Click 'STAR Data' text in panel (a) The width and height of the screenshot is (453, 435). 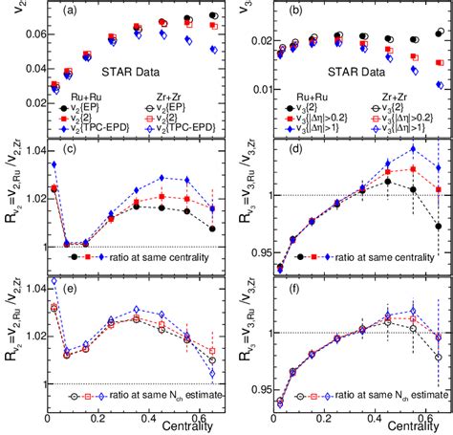point(107,71)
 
